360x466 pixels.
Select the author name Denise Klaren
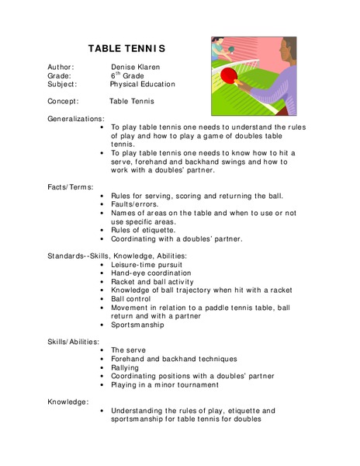pos(137,68)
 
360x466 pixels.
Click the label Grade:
pos(59,76)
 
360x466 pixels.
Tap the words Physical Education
pos(142,85)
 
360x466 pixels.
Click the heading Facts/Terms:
pos(71,187)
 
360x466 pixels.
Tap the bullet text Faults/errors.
pos(136,204)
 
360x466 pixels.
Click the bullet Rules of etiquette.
pos(143,230)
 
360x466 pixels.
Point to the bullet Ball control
pos(133,299)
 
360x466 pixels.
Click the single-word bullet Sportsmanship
pos(137,325)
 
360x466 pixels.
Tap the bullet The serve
pos(130,350)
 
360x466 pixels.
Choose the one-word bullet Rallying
pos(127,367)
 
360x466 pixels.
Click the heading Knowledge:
pos(67,402)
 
